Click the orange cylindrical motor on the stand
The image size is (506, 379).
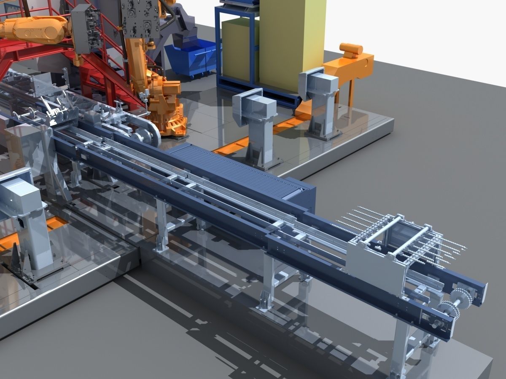(351, 50)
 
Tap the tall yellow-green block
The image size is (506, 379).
(291, 42)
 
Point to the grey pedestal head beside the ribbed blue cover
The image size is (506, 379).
(253, 107)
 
